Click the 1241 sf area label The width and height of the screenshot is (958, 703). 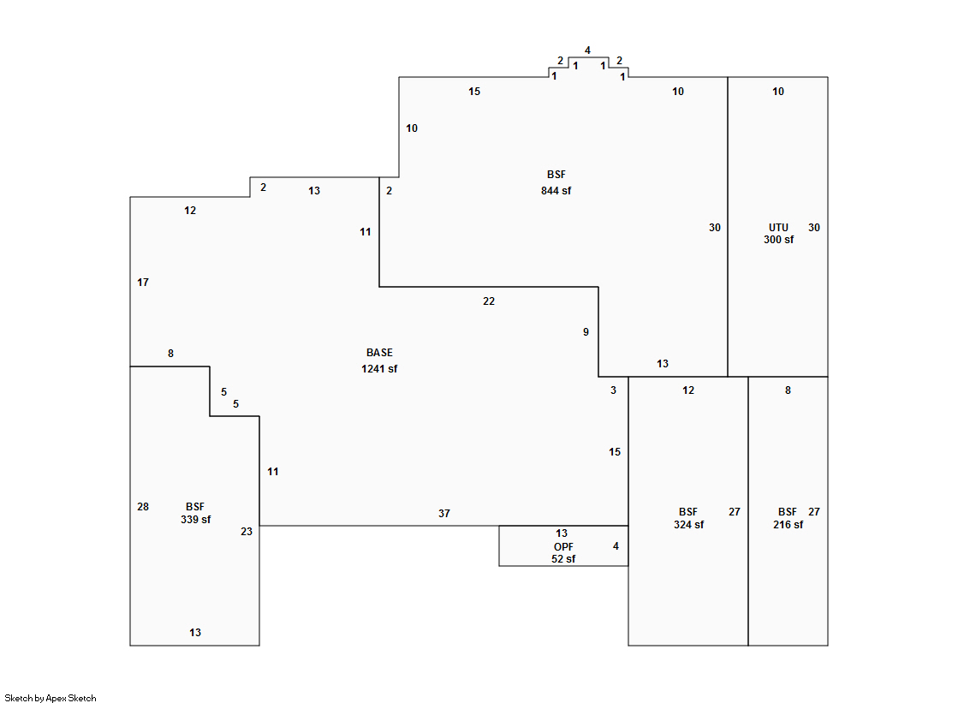point(379,369)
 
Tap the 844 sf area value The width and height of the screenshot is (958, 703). point(556,191)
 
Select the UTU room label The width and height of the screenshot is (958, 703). point(778,228)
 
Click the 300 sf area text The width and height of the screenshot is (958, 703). point(778,240)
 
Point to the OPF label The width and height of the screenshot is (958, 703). point(563,546)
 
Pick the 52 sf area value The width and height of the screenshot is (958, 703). point(563,559)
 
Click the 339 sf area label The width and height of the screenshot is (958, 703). point(195,520)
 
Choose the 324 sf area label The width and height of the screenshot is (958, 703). point(688,525)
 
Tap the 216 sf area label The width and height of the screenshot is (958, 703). point(788,525)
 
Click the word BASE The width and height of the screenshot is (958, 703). point(379,353)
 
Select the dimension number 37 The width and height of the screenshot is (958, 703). point(443,514)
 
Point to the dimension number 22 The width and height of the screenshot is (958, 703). point(488,301)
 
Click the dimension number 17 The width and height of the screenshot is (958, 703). point(143,283)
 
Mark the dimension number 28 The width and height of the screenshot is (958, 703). point(143,507)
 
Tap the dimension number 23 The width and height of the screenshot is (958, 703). point(247,532)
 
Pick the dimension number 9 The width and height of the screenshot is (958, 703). point(586,332)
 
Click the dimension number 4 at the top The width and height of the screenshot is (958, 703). point(587,51)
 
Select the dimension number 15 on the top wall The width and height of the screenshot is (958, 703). point(474,92)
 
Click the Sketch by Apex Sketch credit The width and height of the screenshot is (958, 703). point(51,699)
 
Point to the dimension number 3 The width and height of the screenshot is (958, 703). point(613,390)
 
